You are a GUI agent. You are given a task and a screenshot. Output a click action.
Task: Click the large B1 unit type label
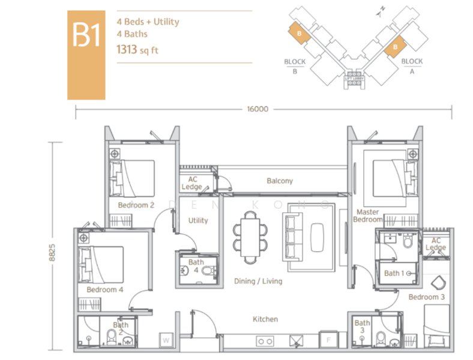tap(86, 35)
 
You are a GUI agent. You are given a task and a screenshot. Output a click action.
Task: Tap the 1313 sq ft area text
tap(137, 49)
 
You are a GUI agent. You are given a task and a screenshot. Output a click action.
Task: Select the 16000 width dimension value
tap(258, 109)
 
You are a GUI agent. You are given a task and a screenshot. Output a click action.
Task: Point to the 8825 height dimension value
tap(52, 253)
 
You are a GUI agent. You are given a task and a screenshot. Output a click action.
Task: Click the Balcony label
tap(280, 181)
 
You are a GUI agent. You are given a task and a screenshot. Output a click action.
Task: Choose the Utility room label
tap(198, 220)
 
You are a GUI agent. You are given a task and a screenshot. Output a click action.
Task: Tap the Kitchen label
tap(265, 319)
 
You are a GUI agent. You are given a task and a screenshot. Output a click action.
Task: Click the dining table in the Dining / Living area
tap(250, 238)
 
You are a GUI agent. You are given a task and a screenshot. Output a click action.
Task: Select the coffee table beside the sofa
tap(317, 237)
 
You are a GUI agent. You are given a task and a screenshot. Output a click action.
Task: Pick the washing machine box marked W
tap(166, 340)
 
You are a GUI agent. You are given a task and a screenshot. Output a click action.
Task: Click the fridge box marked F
tap(328, 340)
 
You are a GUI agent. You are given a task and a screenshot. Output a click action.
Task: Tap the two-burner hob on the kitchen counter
tap(265, 341)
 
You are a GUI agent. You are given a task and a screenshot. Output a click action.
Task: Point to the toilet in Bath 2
tap(112, 338)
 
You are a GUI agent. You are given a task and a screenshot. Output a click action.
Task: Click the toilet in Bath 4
tap(208, 271)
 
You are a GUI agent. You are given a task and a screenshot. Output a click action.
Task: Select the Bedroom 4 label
tap(104, 290)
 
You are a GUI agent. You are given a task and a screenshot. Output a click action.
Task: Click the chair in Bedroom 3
tap(438, 283)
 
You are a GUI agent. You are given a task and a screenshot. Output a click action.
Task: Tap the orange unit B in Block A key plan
tap(395, 46)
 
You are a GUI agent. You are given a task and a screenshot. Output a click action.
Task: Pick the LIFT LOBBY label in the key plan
tap(354, 79)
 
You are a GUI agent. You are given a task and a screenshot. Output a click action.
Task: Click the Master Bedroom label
tap(368, 215)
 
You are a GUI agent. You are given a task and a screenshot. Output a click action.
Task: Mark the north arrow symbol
tap(381, 12)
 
